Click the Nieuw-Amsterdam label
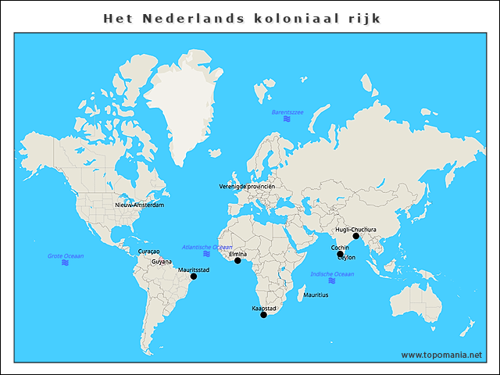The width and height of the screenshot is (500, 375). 139,205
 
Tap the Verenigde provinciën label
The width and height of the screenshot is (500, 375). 248,187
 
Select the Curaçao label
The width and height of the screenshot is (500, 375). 148,252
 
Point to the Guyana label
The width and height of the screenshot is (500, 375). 162,262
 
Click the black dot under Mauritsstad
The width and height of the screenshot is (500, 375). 194,277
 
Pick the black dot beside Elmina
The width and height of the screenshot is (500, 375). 237,261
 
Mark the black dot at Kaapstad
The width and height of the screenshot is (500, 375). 263,315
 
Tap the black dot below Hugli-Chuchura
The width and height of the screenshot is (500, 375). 355,236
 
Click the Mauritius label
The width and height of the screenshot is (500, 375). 316,295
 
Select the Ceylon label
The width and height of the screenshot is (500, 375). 346,257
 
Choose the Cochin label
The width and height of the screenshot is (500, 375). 340,248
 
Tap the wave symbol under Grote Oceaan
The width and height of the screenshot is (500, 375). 66,263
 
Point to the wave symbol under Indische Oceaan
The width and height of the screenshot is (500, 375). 332,282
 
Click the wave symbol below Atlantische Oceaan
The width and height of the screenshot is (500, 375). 207,254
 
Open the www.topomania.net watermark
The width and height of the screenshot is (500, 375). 441,355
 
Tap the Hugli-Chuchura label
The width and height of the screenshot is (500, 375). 355,230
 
